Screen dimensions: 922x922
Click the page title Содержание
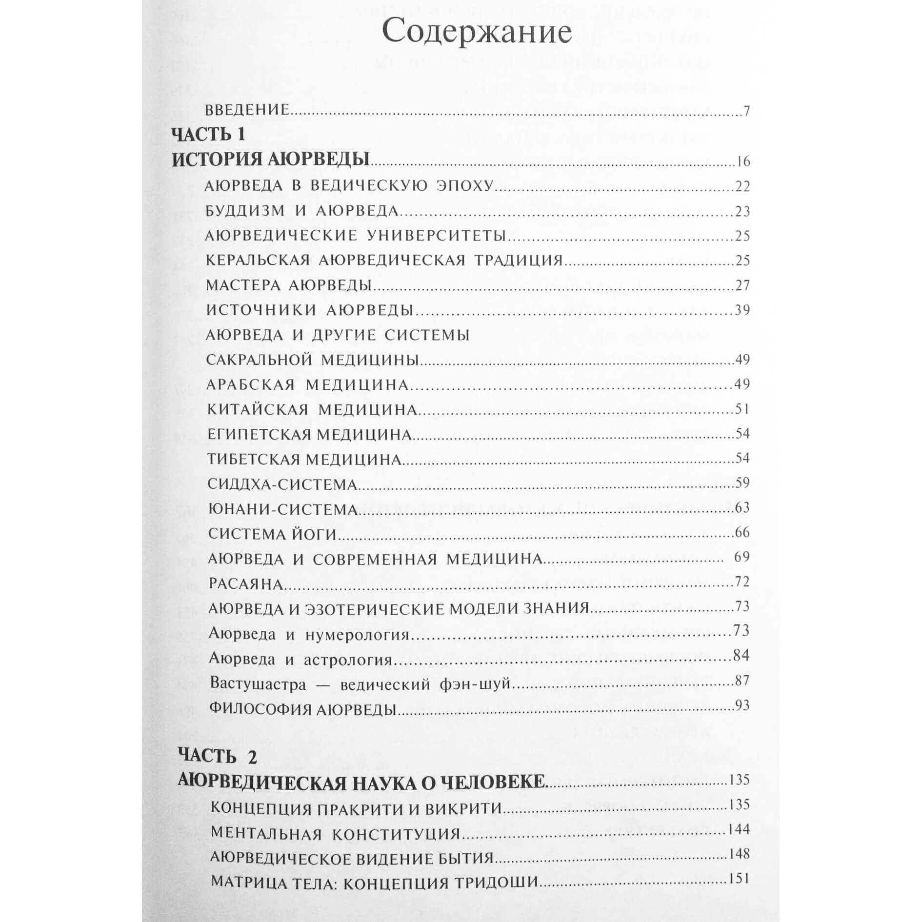[477, 33]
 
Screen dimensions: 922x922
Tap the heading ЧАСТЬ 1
[209, 135]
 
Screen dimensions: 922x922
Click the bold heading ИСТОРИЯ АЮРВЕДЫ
[271, 160]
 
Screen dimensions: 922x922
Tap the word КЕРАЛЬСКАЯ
[258, 260]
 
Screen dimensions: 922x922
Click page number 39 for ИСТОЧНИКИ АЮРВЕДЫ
[742, 310]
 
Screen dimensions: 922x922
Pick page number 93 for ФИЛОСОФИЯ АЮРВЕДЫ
[742, 706]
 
